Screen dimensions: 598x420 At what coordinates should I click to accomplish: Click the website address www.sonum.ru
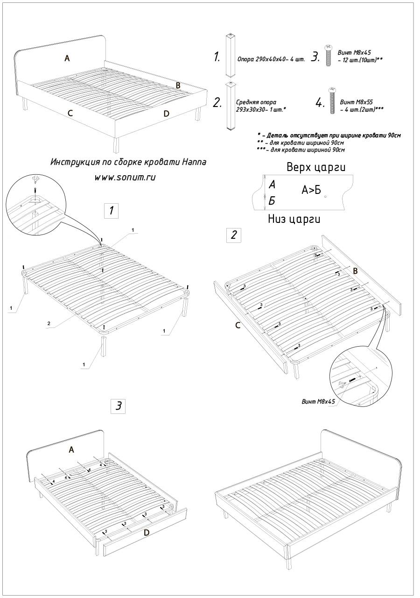pyautogui.click(x=125, y=178)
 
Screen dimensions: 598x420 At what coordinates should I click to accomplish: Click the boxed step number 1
pyautogui.click(x=112, y=211)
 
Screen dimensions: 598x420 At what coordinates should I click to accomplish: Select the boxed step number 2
pyautogui.click(x=233, y=235)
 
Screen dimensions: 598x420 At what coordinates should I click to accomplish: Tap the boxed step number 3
pyautogui.click(x=119, y=406)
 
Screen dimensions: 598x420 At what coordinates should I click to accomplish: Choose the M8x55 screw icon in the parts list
pyautogui.click(x=333, y=100)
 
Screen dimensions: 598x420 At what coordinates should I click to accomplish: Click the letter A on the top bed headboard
pyautogui.click(x=67, y=58)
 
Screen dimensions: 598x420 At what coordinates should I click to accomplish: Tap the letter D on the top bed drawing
pyautogui.click(x=167, y=113)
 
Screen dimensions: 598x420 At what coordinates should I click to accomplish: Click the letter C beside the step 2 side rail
pyautogui.click(x=238, y=325)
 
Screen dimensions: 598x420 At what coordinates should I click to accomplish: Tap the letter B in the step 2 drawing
pyautogui.click(x=355, y=271)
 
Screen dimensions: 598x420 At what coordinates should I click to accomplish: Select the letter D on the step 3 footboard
pyautogui.click(x=146, y=532)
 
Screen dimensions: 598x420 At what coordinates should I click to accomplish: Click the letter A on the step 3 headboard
pyautogui.click(x=71, y=449)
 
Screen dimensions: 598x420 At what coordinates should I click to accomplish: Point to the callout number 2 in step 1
pyautogui.click(x=49, y=323)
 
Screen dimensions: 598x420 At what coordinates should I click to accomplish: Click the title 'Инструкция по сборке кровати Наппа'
pyautogui.click(x=128, y=162)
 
